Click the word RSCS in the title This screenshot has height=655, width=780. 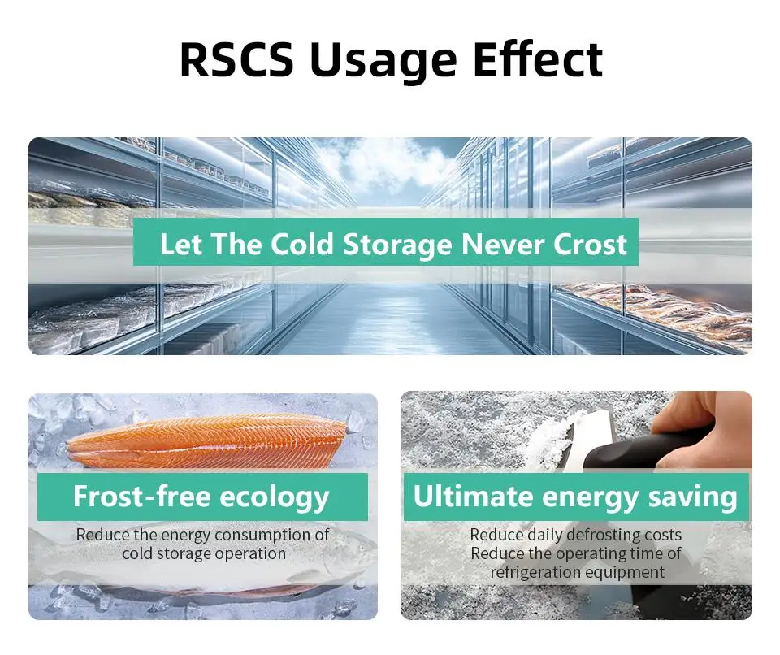[236, 59]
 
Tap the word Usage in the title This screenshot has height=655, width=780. [383, 62]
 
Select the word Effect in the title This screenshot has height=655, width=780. [538, 59]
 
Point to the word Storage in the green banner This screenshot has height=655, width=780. [397, 246]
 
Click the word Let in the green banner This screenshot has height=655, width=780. [181, 245]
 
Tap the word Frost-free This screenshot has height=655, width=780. [141, 497]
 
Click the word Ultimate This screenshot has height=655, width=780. [473, 497]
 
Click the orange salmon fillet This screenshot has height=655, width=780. [207, 441]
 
